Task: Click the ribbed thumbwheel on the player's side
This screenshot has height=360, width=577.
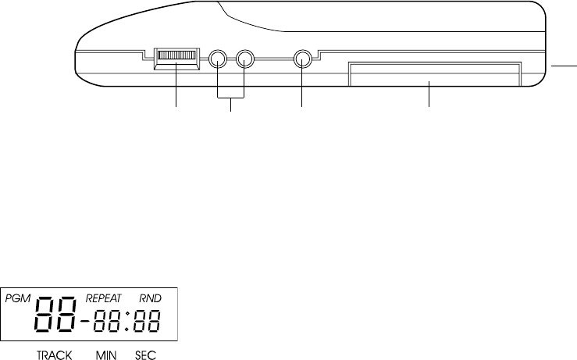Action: coord(176,56)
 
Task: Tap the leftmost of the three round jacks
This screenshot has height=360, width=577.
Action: coord(218,59)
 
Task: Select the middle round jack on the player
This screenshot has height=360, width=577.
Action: coord(244,59)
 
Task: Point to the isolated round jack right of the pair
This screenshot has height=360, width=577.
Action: coord(303,59)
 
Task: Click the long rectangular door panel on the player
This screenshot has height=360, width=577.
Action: coord(435,74)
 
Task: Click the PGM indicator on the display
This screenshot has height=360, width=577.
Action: coord(18,298)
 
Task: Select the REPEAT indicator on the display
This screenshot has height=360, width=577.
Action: coord(103,298)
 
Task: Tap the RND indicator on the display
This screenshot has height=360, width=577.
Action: coord(150,298)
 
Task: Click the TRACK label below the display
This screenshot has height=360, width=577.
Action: coord(54,355)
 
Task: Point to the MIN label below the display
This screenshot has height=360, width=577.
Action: coord(106,355)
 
